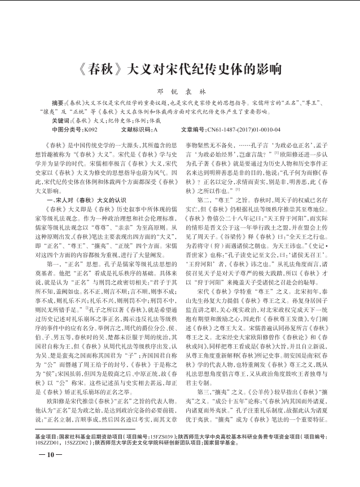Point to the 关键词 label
[61, 121]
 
